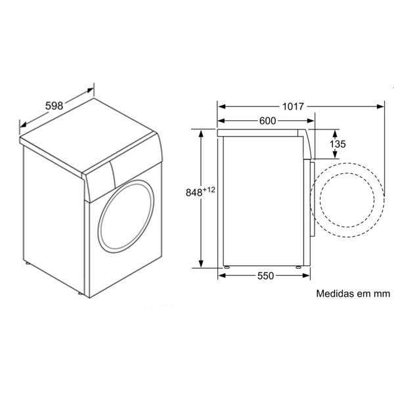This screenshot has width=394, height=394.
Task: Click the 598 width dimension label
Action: point(54,106)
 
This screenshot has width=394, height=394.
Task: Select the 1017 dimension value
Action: point(294,106)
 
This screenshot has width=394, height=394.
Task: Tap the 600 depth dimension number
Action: point(268,121)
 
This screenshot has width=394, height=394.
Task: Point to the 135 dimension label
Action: point(338,144)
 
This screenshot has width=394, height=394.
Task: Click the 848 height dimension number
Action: point(194,192)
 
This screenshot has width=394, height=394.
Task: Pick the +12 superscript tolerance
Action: point(209,190)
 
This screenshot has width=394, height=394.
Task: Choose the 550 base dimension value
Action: point(265,276)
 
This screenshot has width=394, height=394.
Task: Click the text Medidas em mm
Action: point(353,294)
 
